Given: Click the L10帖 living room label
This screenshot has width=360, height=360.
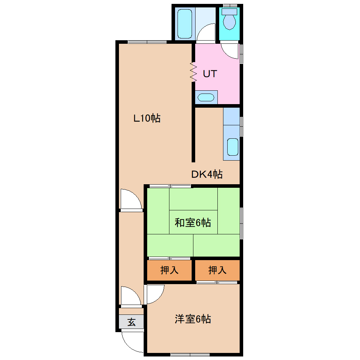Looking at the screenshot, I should click(147, 118).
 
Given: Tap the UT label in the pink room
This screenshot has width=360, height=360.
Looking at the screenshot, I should click(210, 74).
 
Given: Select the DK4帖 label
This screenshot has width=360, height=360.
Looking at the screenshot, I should click(207, 174).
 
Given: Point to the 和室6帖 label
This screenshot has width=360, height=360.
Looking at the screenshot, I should click(193, 223).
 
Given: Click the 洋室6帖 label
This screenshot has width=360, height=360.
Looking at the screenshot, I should click(193, 319).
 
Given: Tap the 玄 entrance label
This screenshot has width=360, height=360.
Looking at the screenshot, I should click(131, 322).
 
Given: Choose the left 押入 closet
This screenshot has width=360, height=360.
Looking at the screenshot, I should click(169, 270).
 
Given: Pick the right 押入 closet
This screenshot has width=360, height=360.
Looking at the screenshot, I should click(217, 270).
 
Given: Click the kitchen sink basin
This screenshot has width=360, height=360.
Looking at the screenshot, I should click(232, 147).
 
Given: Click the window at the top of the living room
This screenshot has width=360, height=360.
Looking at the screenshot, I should click(147, 42).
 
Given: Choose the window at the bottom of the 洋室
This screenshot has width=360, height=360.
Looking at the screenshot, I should click(190, 354).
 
